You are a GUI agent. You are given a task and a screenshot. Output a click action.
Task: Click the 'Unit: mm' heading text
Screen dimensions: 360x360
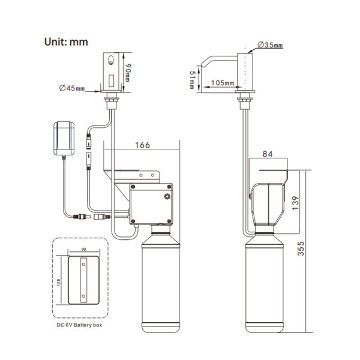coord(66,42)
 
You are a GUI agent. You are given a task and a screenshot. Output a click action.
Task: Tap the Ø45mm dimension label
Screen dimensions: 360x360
coord(72,88)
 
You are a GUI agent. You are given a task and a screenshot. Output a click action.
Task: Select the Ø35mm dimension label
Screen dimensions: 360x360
coord(270,45)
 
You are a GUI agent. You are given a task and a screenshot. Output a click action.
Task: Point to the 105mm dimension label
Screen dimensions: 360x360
coord(223,83)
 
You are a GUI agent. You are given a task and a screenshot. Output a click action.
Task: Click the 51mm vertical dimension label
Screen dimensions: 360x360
coord(192,79)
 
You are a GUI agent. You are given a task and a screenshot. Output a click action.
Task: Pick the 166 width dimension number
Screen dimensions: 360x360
coord(142,145)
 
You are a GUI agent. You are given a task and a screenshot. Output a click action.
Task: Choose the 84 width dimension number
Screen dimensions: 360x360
coord(268,154)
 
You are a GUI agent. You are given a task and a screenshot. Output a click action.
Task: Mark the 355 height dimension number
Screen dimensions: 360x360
coord(301,248)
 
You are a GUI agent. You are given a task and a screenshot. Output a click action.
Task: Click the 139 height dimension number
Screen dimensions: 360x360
coord(295,203)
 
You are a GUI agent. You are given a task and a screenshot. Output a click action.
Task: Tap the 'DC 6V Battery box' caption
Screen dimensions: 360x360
coord(79,325)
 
